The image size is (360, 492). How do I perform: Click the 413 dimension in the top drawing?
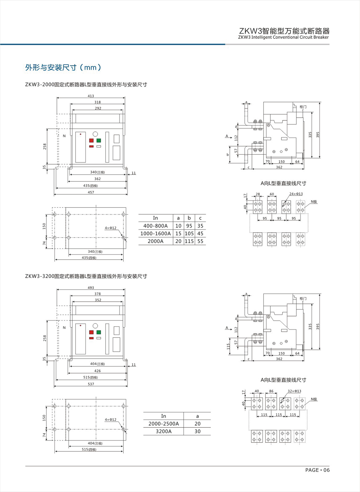coord(91,96)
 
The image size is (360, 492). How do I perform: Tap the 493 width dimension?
coord(91,288)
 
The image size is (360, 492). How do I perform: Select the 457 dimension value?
coord(91,192)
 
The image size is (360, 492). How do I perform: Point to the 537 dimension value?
coord(91,384)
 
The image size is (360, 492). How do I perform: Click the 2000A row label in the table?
coord(155,241)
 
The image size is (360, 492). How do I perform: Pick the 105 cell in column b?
coord(189,234)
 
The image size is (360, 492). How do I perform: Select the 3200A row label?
coord(163,431)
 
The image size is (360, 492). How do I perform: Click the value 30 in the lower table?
coord(197,431)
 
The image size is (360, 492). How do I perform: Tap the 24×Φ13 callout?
coord(296,194)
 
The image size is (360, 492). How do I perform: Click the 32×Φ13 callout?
coord(294,391)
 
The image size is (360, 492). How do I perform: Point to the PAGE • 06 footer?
coord(317,470)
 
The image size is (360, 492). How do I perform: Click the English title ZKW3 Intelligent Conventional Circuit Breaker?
coord(283,37)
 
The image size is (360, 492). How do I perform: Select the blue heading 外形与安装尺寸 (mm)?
coord(63,68)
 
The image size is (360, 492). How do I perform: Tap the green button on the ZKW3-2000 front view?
coord(99,140)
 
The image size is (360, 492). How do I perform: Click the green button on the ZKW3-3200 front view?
coord(99,332)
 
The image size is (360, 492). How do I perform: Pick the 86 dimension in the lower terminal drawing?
coord(271,391)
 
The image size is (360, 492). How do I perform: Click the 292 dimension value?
coord(98,108)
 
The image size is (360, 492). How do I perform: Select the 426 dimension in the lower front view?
coord(97,371)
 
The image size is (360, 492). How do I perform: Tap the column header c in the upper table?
coord(200,218)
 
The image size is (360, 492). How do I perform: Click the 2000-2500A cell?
coord(163,424)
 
